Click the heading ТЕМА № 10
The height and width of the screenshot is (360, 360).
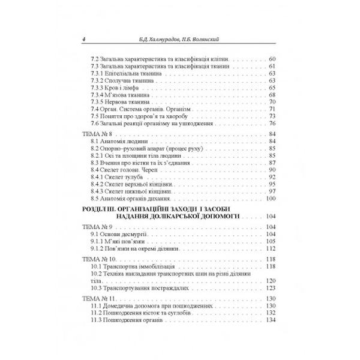(98, 260)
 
